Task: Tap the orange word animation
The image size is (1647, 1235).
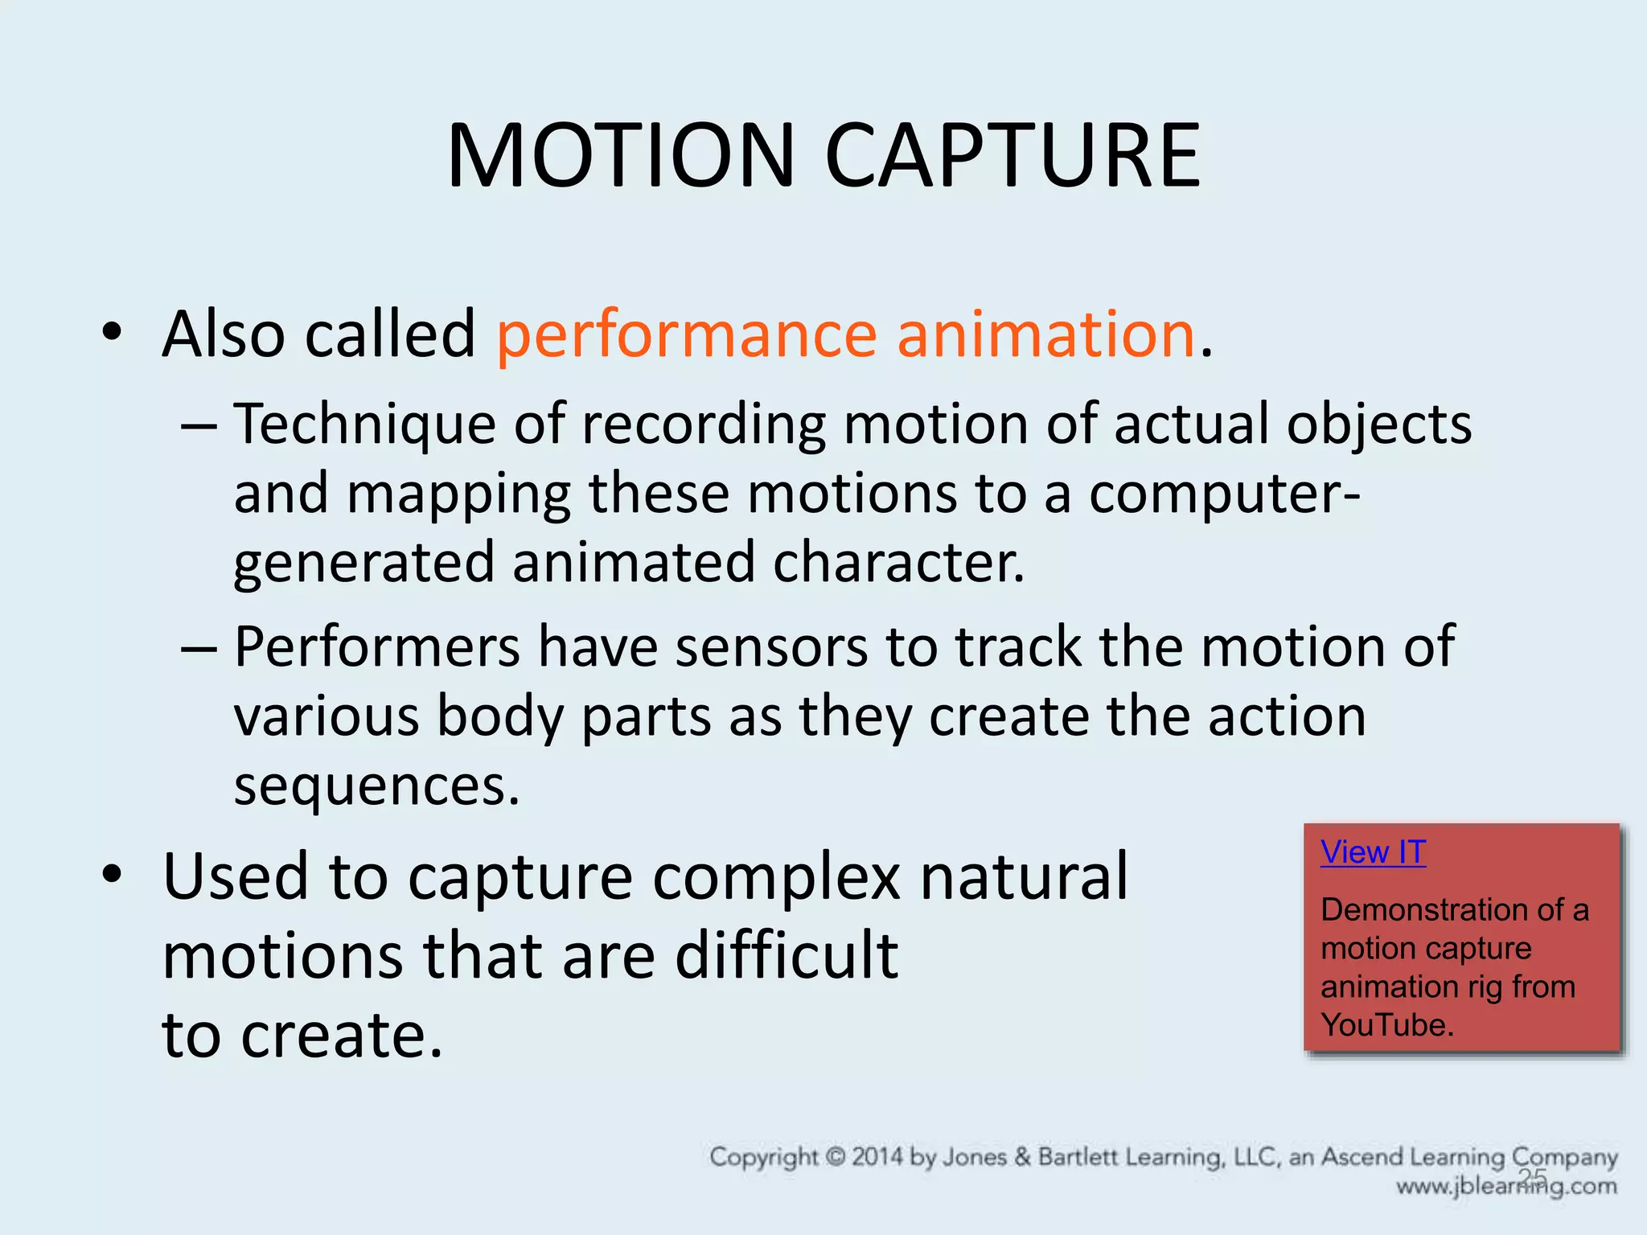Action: click(x=1045, y=334)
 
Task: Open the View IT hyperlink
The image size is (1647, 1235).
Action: click(x=1373, y=852)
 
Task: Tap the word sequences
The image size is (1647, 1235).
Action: click(x=376, y=786)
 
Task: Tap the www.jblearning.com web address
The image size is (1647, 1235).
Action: click(x=1505, y=1187)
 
